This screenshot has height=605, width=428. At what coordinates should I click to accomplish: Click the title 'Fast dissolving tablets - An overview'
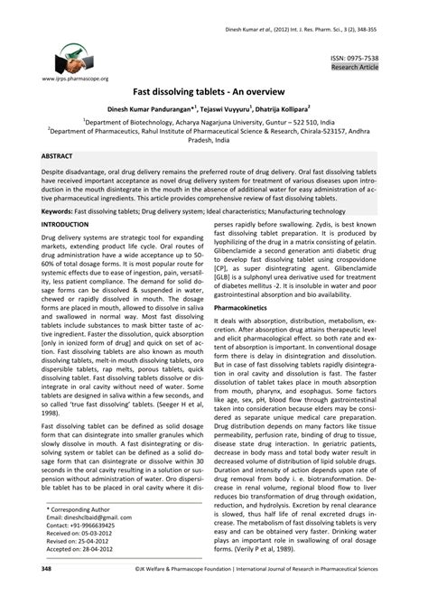point(213,92)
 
